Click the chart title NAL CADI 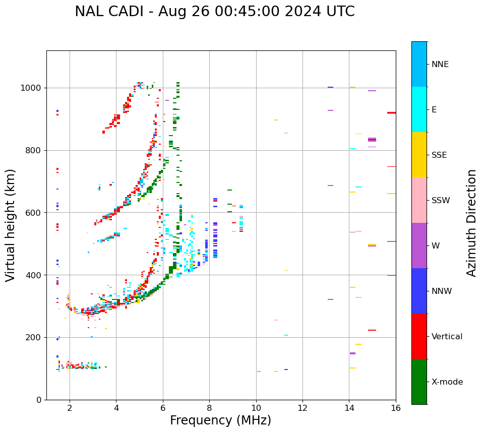(x=214, y=12)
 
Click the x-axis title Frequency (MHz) (x=220, y=420)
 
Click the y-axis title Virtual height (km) (x=11, y=225)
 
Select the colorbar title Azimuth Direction (x=471, y=223)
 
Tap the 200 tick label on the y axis (x=34, y=337)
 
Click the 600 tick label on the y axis (x=34, y=213)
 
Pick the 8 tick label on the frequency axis (x=209, y=408)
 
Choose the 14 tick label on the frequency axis (x=349, y=408)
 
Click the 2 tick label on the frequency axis (x=70, y=408)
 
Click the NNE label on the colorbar (x=440, y=65)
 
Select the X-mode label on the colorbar (x=447, y=382)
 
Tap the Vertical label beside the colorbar (x=447, y=337)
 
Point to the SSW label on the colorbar (x=441, y=201)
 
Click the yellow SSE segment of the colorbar (x=419, y=155)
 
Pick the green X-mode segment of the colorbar (x=419, y=382)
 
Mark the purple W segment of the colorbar (x=419, y=245)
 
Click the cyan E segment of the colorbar (x=419, y=109)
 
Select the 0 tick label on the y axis (x=38, y=400)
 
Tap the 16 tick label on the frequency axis (x=396, y=408)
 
